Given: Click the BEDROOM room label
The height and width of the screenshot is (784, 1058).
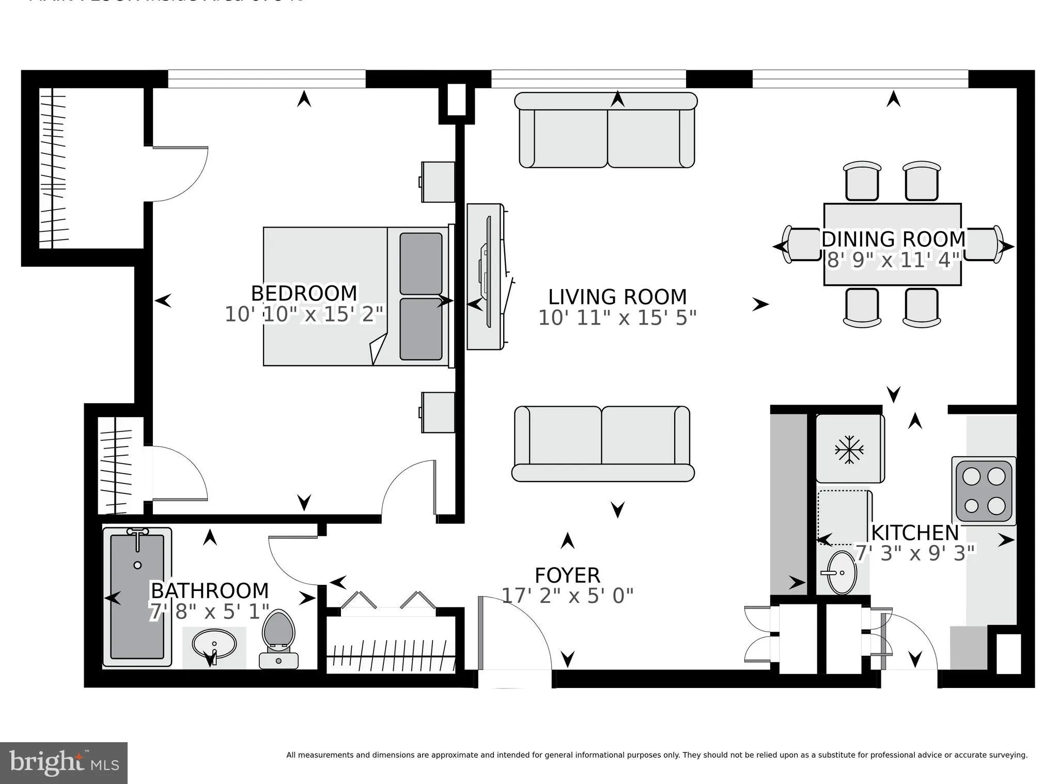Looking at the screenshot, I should click(x=304, y=293).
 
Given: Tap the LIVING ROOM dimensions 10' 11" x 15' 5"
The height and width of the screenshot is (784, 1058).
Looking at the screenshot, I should click(x=617, y=318).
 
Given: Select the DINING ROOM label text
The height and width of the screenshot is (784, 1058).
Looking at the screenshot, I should click(x=893, y=239).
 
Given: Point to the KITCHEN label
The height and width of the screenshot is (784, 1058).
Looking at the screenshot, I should click(x=915, y=533).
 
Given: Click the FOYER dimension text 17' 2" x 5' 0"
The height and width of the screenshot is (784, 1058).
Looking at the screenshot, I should click(x=567, y=596).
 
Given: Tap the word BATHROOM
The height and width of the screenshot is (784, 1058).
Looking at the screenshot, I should click(x=209, y=590).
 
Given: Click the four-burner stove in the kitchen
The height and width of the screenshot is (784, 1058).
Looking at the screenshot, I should click(x=983, y=491).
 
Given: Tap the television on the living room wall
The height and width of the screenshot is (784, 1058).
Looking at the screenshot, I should click(x=486, y=277).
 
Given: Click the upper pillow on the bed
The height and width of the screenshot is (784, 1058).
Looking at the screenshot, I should click(x=421, y=263).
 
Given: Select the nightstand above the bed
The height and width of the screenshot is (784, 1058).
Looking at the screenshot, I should click(x=438, y=182).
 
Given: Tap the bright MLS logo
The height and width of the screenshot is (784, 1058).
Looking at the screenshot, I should click(x=64, y=763).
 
